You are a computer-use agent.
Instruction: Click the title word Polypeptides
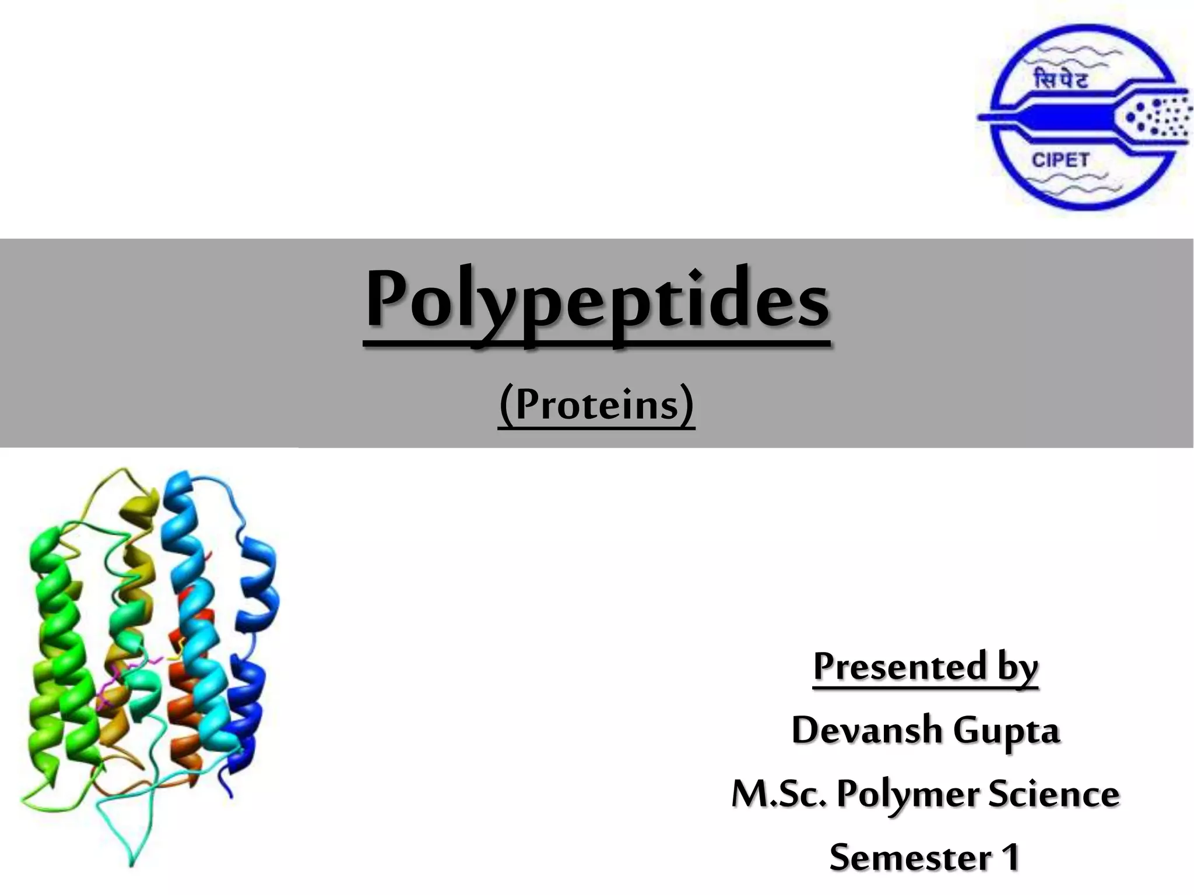click(596, 300)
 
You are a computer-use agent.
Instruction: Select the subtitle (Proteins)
click(596, 404)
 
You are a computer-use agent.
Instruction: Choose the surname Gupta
click(1007, 731)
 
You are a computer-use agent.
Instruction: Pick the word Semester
click(909, 857)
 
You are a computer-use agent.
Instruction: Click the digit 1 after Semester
click(1010, 857)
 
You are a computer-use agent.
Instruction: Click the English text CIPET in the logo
click(1060, 159)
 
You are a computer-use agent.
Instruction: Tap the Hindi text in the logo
click(1060, 78)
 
